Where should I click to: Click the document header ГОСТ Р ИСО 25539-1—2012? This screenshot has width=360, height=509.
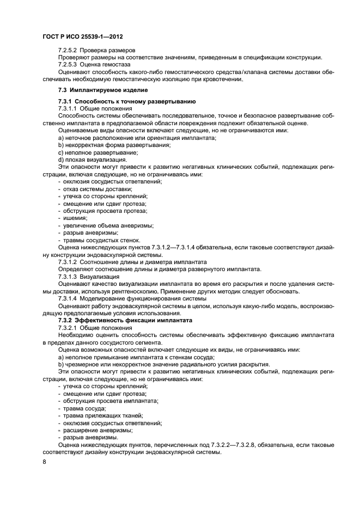click(x=82, y=37)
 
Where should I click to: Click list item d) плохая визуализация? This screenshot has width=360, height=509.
click(x=84, y=160)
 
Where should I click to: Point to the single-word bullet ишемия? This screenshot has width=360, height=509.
click(x=75, y=218)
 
